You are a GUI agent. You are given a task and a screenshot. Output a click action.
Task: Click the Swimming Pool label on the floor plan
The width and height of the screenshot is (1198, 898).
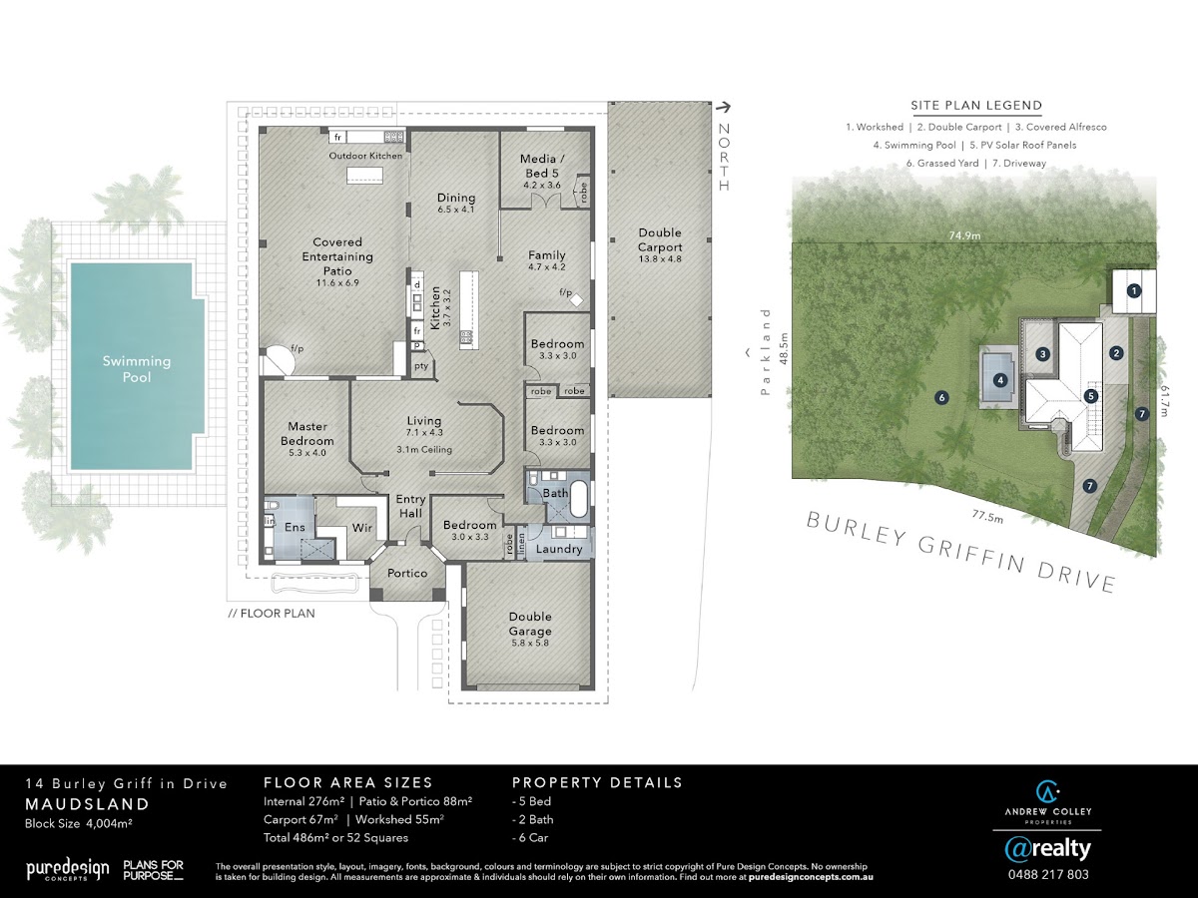(137, 368)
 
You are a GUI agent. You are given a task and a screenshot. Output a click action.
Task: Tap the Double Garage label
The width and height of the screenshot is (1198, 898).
(530, 624)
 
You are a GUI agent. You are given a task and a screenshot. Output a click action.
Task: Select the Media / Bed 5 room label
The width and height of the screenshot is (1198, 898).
(541, 166)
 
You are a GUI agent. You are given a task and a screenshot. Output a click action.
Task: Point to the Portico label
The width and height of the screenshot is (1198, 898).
(407, 573)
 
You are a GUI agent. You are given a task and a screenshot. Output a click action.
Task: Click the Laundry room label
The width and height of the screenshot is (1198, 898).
(559, 549)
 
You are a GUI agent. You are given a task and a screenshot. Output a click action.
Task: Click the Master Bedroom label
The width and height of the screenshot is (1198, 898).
(307, 433)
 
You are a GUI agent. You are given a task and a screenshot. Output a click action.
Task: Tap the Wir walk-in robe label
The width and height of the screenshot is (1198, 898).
(361, 527)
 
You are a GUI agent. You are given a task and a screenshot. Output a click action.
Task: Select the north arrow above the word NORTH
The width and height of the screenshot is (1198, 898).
(723, 107)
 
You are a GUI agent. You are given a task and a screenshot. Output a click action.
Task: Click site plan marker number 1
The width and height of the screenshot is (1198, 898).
(1133, 291)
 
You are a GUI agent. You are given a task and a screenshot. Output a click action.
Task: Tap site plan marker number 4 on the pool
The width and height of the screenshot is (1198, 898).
(1000, 380)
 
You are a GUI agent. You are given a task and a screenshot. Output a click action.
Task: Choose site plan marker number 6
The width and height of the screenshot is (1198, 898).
(941, 398)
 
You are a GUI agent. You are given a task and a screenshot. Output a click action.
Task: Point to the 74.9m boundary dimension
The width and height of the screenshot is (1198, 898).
(964, 235)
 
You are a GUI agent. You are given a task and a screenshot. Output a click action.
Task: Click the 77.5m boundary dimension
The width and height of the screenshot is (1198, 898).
(987, 516)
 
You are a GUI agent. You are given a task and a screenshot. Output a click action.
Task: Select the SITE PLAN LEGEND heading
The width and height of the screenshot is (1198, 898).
(976, 105)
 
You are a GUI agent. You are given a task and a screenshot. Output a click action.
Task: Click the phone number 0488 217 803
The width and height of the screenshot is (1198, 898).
(1048, 875)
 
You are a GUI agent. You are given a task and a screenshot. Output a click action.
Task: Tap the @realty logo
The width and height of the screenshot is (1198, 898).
(1047, 848)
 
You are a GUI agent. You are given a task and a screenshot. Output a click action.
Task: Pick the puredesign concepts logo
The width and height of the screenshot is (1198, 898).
(68, 869)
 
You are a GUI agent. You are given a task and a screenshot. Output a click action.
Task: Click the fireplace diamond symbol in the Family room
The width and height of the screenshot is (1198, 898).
(576, 300)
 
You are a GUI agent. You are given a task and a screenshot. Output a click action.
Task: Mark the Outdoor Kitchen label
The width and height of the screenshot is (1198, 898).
(365, 156)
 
